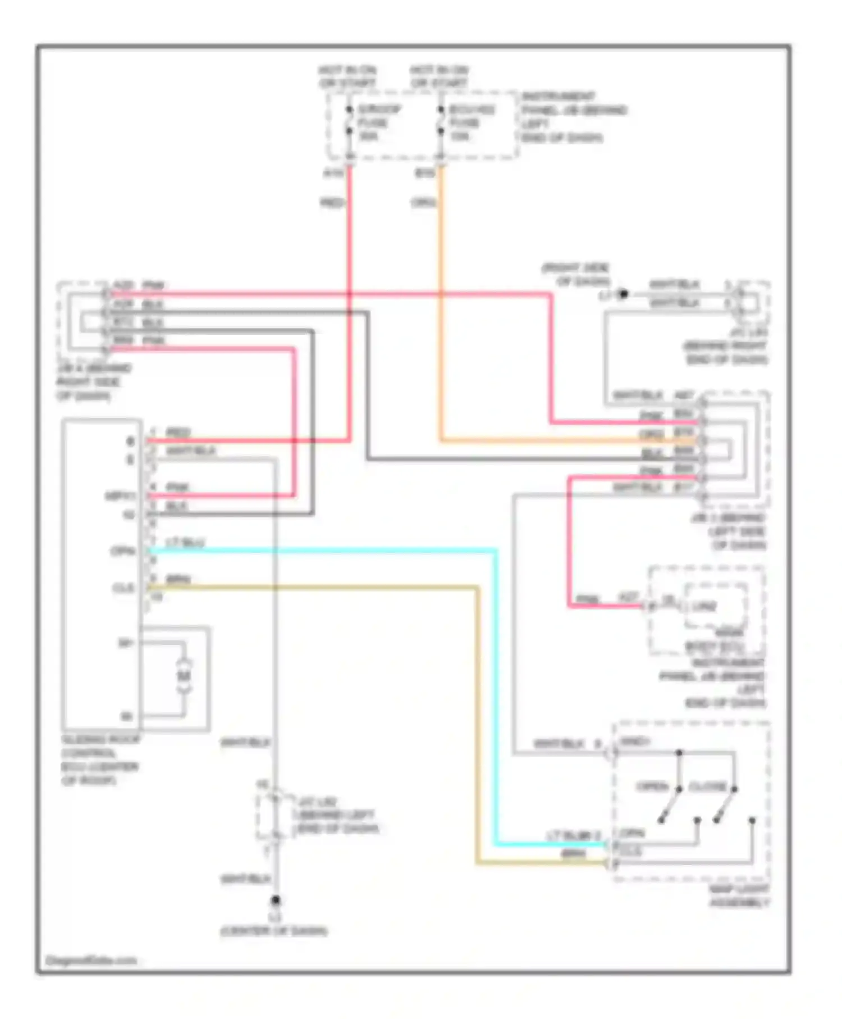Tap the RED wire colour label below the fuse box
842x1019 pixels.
click(332, 202)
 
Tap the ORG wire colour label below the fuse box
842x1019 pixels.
click(423, 202)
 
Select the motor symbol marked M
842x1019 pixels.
click(184, 676)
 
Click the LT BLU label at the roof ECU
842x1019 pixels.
click(185, 542)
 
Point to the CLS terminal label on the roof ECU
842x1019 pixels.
click(123, 588)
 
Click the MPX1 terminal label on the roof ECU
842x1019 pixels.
click(120, 496)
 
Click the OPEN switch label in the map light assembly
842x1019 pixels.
click(652, 786)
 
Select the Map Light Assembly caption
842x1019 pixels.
click(739, 896)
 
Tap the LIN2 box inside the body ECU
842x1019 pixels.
click(704, 606)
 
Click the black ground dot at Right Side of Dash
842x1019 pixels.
click(623, 293)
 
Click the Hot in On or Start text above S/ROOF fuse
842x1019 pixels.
click(347, 76)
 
